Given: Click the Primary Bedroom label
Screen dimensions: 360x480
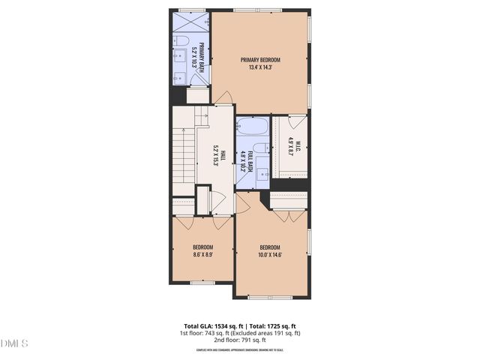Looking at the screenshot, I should pyautogui.click(x=259, y=59).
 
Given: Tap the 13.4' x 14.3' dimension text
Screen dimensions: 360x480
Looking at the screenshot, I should pyautogui.click(x=259, y=67).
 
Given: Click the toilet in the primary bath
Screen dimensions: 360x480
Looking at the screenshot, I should pyautogui.click(x=181, y=40).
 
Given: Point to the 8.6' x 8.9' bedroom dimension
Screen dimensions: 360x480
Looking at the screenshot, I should pyautogui.click(x=202, y=255).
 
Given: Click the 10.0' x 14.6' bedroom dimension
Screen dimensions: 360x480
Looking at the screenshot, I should pyautogui.click(x=270, y=255).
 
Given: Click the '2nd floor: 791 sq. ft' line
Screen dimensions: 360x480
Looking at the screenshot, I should pyautogui.click(x=240, y=340).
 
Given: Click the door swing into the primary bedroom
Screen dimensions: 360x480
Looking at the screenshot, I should pyautogui.click(x=223, y=98).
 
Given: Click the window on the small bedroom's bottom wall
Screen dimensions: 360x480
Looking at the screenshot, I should pyautogui.click(x=202, y=283).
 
